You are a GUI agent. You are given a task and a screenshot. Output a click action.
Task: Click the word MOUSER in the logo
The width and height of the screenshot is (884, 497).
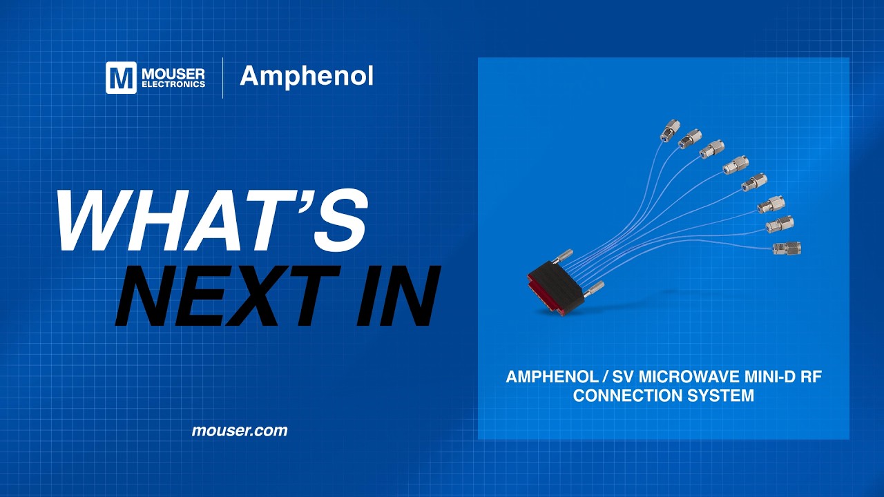(x=173, y=73)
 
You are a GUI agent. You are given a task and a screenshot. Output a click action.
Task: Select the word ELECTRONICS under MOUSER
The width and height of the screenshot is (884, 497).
(x=173, y=84)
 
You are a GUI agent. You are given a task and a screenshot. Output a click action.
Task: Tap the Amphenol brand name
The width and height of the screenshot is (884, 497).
(x=306, y=77)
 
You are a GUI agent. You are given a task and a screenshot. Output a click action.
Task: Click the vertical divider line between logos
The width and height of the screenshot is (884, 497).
(x=222, y=77)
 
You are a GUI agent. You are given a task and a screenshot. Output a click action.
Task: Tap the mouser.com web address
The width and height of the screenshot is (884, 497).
(x=239, y=431)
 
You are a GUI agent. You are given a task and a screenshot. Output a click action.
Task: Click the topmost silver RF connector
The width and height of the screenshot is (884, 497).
(x=669, y=129)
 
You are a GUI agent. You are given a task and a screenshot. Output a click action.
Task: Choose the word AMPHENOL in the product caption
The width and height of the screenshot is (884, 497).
(x=542, y=378)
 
